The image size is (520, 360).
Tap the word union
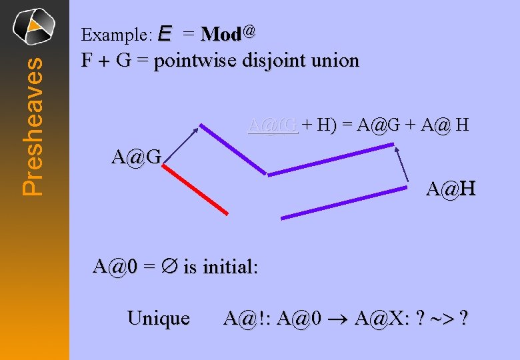click(336, 61)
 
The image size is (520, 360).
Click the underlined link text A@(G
click(272, 124)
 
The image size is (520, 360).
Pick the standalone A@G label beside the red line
click(137, 158)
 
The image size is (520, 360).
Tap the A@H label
click(451, 190)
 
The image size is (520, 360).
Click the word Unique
click(158, 318)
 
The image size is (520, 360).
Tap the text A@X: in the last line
click(379, 319)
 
